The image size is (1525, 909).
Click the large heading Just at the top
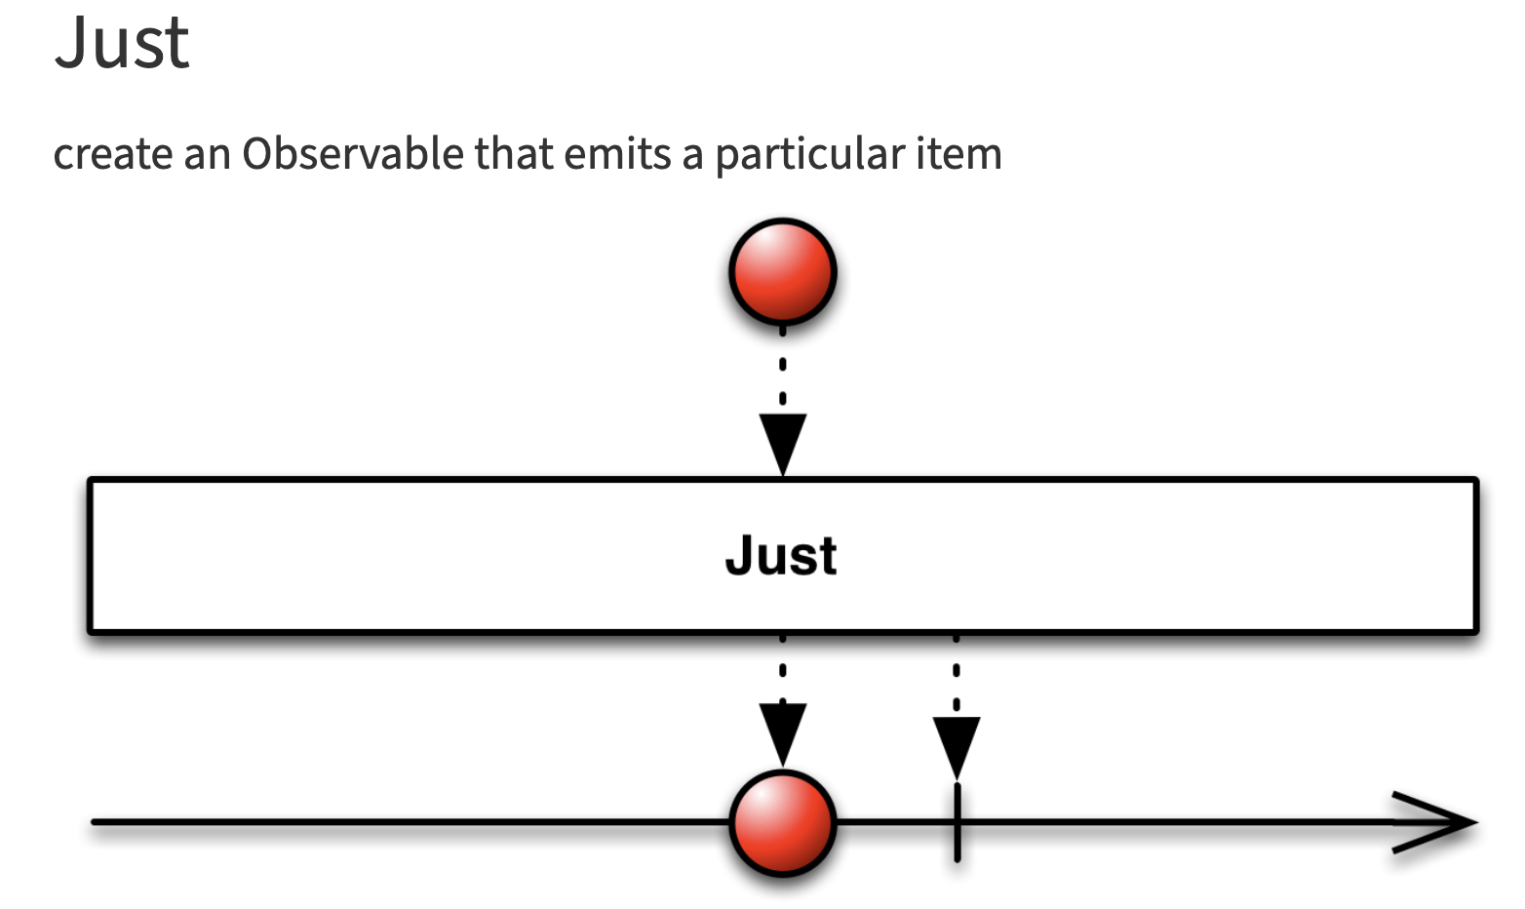coord(122,43)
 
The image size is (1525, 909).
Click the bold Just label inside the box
coord(781,556)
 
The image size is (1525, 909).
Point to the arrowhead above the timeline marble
coord(782,731)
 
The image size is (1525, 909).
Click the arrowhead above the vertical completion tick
coord(957,746)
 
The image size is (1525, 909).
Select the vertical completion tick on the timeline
coord(958,824)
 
